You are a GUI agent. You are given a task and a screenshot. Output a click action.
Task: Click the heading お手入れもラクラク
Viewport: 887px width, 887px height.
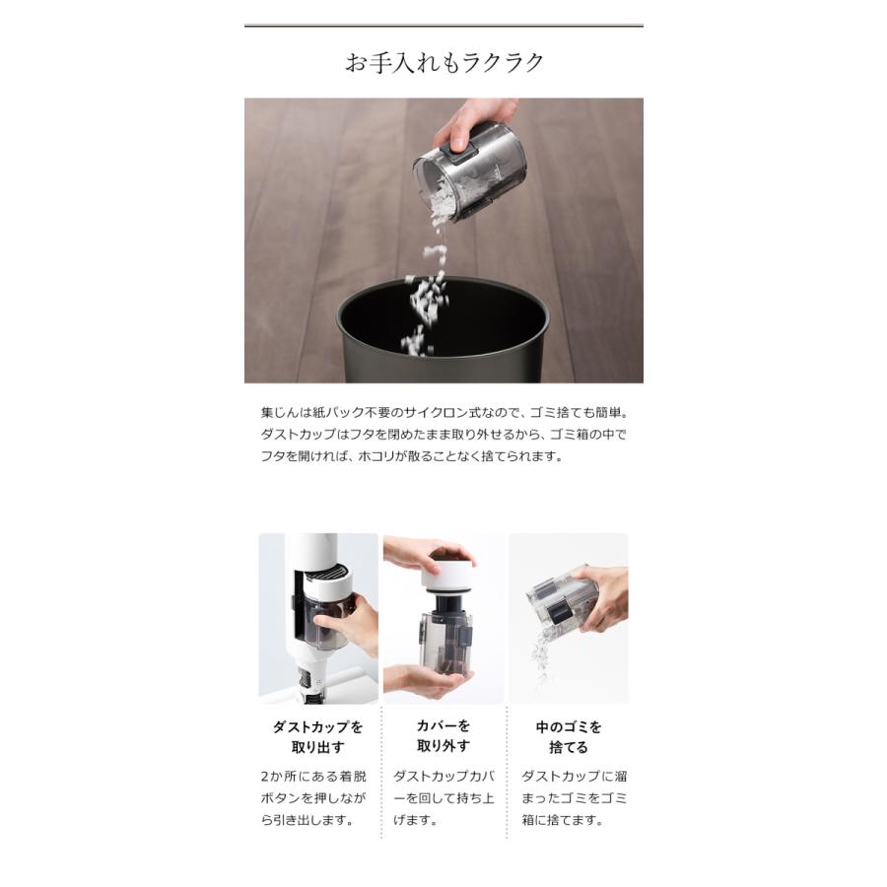point(443,63)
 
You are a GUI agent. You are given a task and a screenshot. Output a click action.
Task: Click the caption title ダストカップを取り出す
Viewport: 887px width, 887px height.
point(317,736)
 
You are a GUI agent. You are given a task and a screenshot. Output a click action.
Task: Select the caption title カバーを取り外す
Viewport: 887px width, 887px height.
point(443,736)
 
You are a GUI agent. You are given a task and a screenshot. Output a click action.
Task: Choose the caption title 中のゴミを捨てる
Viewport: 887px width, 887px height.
point(568,736)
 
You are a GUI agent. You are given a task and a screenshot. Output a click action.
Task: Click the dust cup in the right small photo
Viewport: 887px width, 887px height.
point(563,599)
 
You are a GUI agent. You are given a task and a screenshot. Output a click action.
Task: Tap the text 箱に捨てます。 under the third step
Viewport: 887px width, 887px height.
point(562,820)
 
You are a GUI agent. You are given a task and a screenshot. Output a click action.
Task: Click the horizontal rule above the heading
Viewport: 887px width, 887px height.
point(443,26)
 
